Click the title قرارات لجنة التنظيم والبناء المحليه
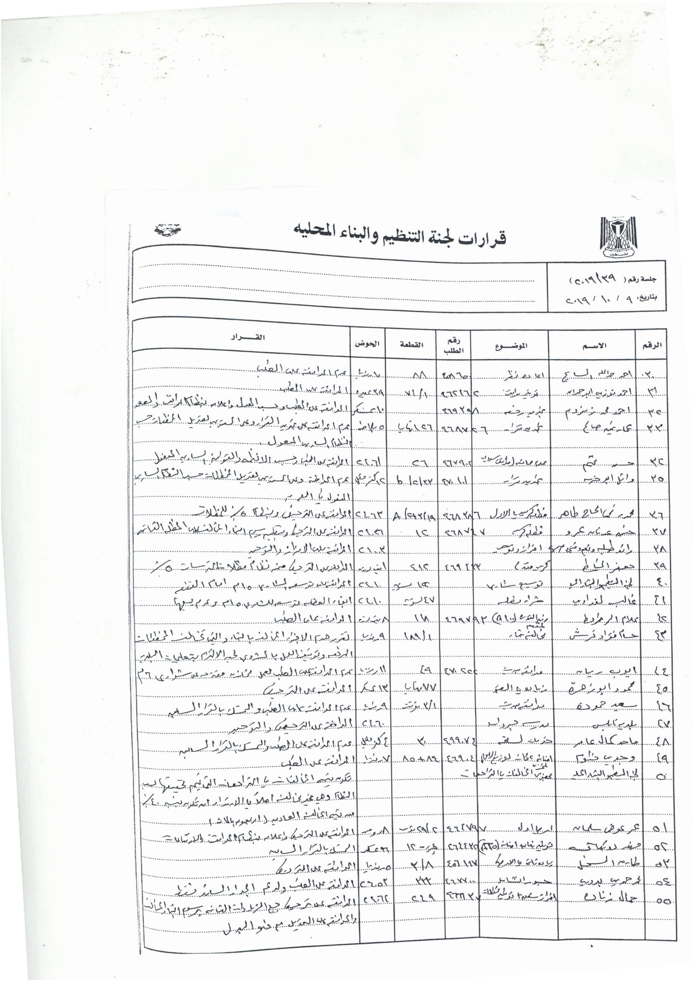click(x=399, y=237)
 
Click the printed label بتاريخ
click(x=647, y=297)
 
